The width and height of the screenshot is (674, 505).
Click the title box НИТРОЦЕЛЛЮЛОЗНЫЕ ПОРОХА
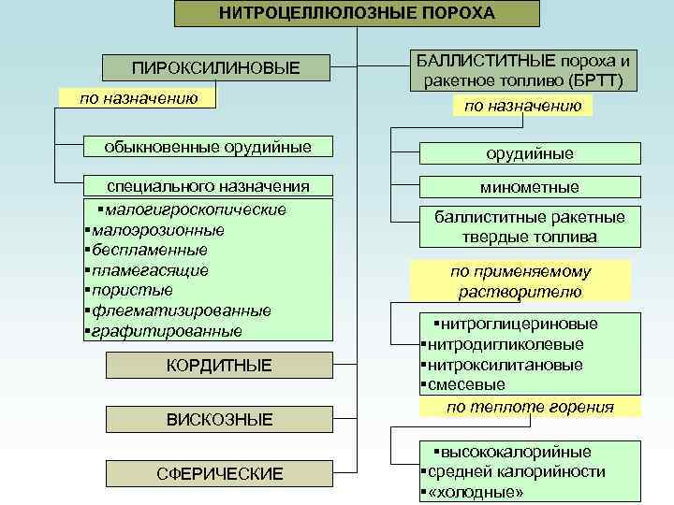click(358, 13)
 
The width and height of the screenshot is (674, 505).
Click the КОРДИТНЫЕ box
click(219, 366)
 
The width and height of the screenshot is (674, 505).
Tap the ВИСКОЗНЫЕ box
click(219, 419)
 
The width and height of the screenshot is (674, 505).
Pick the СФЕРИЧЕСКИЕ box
click(219, 474)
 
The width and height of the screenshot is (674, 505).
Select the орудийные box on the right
click(529, 153)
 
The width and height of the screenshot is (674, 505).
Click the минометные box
click(529, 187)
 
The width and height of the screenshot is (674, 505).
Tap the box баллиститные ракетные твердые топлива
click(529, 227)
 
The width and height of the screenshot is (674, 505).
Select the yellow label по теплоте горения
click(530, 407)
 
